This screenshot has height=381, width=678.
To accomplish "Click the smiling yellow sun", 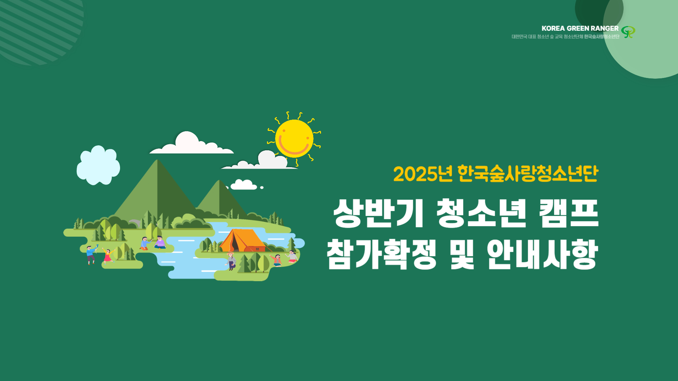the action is pos(294,138).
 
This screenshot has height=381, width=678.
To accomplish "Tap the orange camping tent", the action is pos(243,241).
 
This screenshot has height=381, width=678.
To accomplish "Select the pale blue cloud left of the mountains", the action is pos(98,165).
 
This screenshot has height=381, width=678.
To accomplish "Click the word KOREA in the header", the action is pos(553,28).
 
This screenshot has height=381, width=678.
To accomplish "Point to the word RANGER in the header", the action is pos(605,28).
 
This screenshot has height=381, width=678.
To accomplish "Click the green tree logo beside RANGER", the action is pos(628,32).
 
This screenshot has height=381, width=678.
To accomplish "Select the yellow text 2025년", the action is pos(423,174).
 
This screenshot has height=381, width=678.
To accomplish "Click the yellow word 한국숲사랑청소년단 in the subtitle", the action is pos(528,174).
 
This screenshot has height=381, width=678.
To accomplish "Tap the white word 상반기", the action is pos(378,213).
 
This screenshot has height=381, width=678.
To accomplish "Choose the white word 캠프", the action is pos(569,213).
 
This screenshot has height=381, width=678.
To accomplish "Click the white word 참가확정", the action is pos(382,254).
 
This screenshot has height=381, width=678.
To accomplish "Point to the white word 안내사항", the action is pos(543,254).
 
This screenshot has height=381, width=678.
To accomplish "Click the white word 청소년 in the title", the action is pos(481,213).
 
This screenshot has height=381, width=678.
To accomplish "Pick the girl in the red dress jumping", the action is pos(107,256).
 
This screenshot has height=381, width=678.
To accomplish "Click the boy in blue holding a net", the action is pos(91,254).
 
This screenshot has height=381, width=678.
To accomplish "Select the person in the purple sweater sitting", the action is pos(160,242).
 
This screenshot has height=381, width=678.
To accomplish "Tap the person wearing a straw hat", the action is pos(231,261).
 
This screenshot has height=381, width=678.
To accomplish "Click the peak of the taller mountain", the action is pos(157,160).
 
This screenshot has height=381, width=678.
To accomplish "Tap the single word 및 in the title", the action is pos(462,254).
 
